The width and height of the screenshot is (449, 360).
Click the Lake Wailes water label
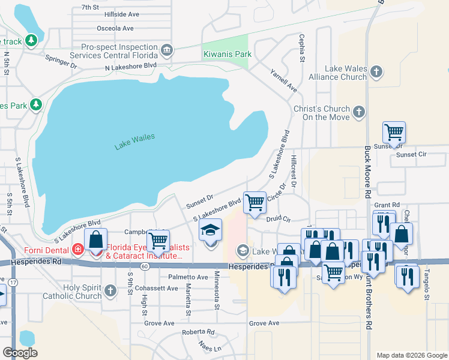[134, 141]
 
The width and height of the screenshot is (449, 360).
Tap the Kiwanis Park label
[227, 54]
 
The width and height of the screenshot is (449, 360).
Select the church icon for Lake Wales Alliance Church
[376, 73]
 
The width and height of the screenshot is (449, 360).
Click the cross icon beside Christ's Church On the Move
[358, 112]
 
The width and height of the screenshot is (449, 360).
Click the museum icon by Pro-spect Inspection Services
[167, 49]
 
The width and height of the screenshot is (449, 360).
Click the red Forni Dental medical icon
[77, 248]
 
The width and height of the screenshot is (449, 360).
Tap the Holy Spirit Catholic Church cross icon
[109, 291]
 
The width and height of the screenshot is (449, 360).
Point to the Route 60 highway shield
[145, 266]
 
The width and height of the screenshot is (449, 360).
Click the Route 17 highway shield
[13, 281]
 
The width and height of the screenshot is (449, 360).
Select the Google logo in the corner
[20, 353]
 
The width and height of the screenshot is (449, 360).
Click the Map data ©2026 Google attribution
[411, 355]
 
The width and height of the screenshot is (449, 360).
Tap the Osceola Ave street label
[119, 28]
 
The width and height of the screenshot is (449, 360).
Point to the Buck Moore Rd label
[367, 171]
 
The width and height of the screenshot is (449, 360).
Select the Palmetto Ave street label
[188, 277]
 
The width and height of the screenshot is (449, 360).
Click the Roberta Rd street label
[198, 332]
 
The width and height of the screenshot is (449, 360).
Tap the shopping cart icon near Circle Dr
[255, 203]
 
